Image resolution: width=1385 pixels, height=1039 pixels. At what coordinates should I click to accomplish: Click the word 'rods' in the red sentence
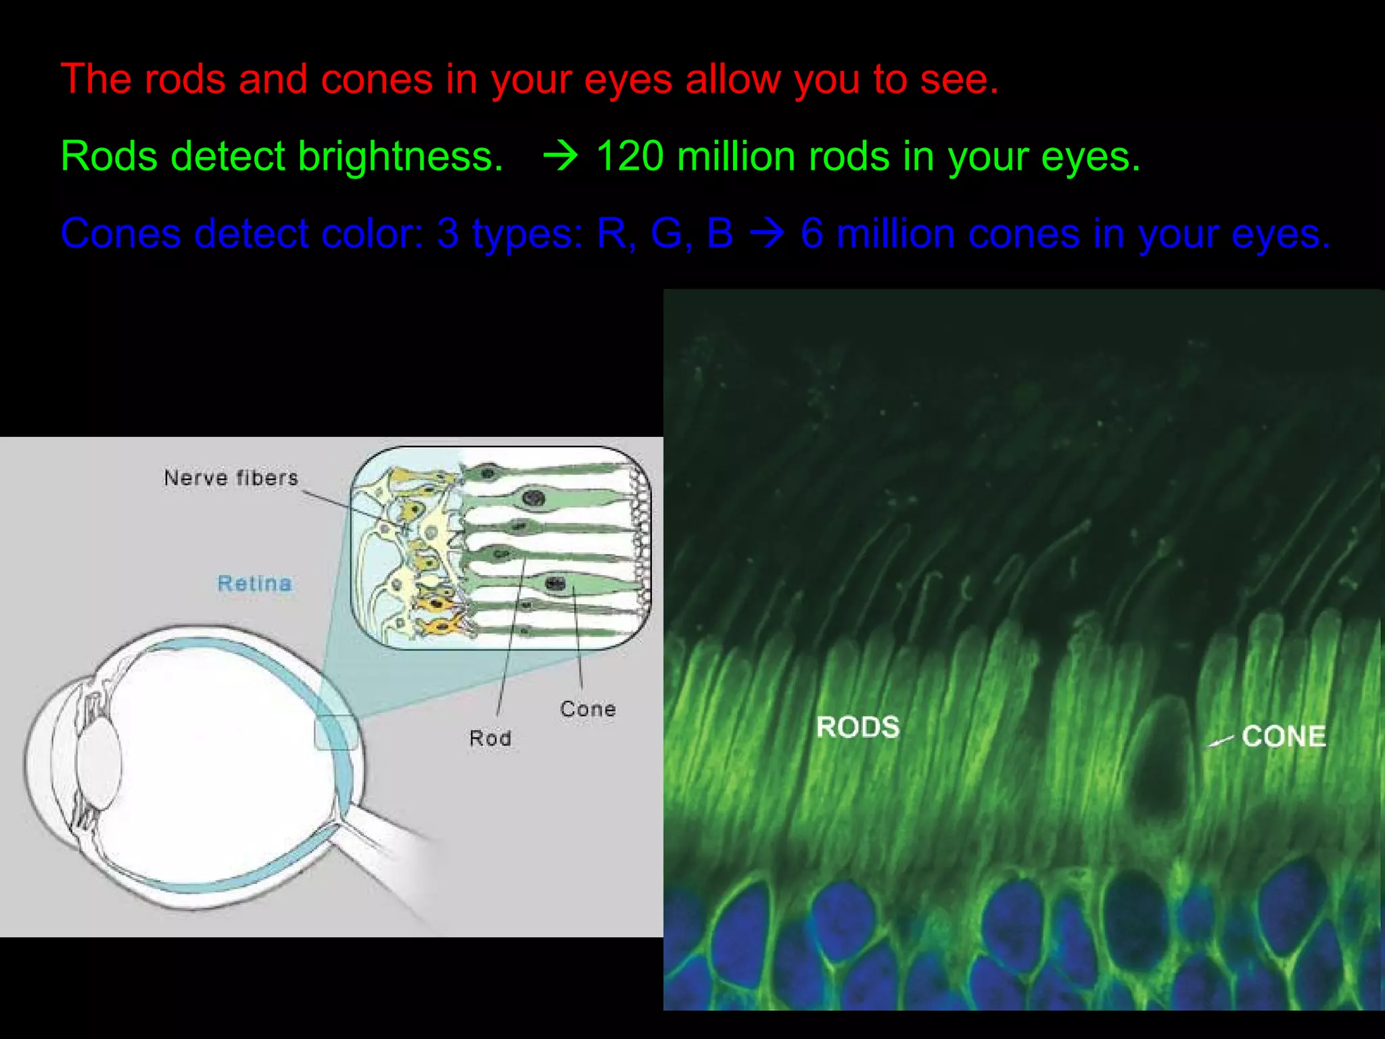(x=184, y=80)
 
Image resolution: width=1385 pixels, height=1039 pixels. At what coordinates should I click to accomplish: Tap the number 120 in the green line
(x=629, y=157)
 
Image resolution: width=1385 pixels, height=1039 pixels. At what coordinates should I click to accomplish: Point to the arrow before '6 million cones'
(x=767, y=234)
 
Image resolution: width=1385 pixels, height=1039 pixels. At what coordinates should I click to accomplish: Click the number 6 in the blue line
(x=812, y=234)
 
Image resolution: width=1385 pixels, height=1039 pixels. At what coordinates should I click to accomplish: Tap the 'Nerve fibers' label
(x=231, y=478)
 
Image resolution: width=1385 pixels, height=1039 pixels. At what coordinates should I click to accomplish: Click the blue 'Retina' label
(x=254, y=583)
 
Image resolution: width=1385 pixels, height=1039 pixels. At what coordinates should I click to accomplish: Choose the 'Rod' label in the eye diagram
(x=490, y=738)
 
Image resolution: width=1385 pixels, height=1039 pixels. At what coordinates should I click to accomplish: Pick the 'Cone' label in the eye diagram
(x=588, y=709)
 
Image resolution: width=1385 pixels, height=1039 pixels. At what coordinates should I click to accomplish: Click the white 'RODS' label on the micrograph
(x=858, y=728)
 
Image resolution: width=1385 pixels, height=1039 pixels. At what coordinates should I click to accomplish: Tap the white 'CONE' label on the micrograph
(x=1283, y=737)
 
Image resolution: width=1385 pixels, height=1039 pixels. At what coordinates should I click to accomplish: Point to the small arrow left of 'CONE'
(x=1220, y=741)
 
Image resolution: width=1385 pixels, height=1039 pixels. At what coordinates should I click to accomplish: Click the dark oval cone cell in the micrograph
(x=1161, y=758)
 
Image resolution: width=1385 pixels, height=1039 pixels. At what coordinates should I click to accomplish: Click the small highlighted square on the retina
(x=336, y=732)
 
